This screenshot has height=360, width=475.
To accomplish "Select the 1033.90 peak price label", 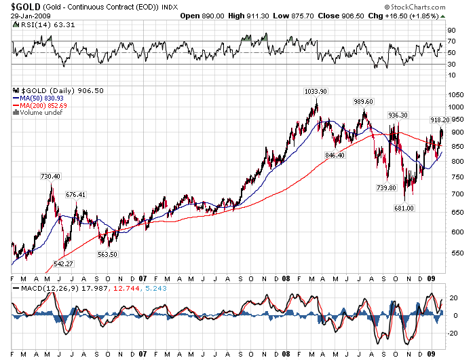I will (x=315, y=91).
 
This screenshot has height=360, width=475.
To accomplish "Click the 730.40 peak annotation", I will (x=51, y=177).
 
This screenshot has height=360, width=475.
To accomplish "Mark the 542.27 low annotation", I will (x=63, y=264).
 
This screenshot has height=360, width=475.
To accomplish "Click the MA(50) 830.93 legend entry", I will (x=40, y=98).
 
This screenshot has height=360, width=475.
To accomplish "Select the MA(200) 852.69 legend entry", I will (x=42, y=105).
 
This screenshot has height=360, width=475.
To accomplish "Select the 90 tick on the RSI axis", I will (x=451, y=30).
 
